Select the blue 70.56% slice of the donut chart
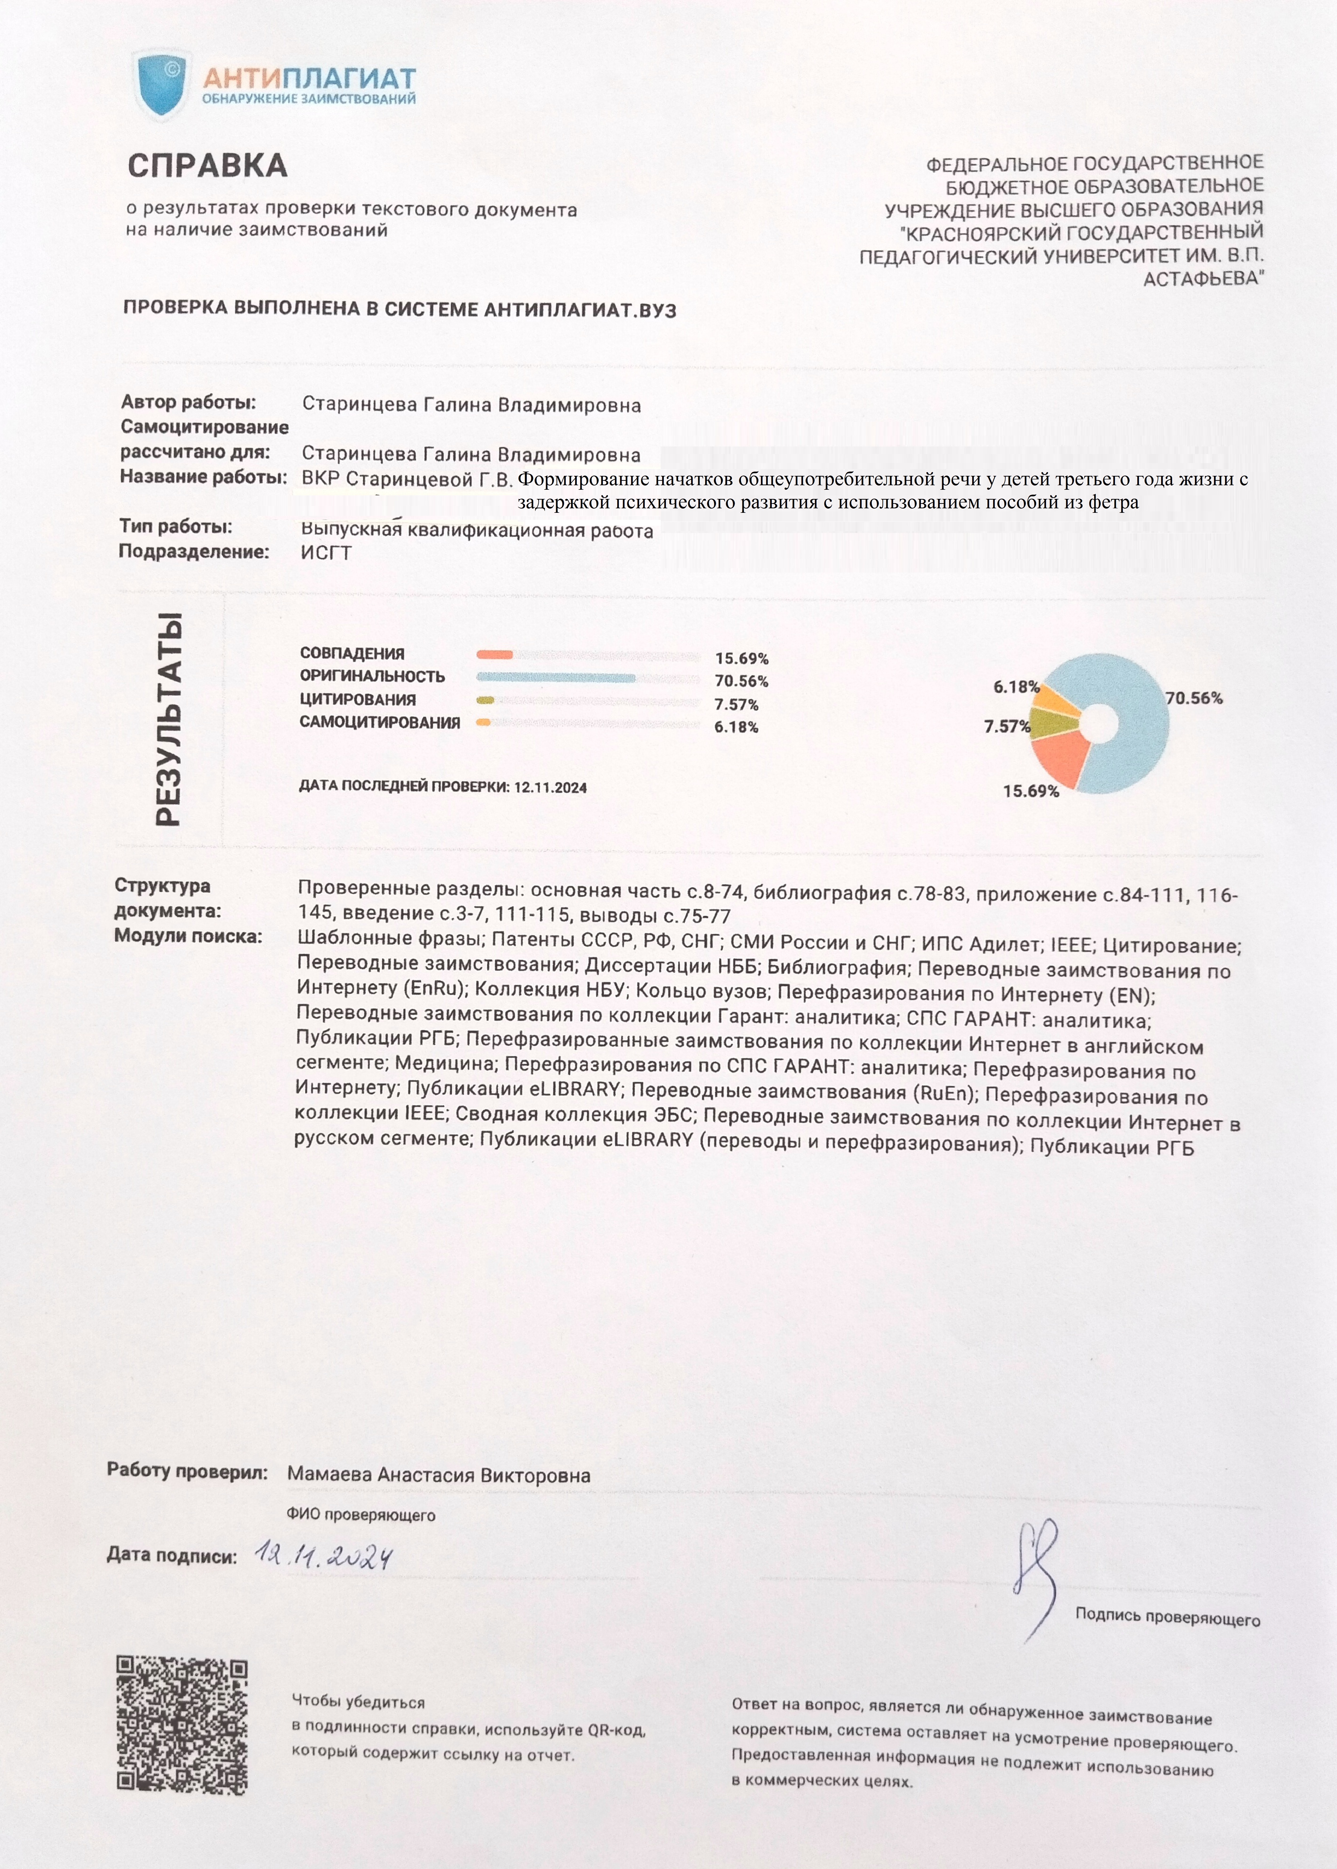[1136, 741]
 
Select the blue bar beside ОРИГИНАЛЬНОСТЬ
[556, 677]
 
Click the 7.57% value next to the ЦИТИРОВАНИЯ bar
[736, 704]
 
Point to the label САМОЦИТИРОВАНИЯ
[380, 722]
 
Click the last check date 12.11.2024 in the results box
[550, 787]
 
